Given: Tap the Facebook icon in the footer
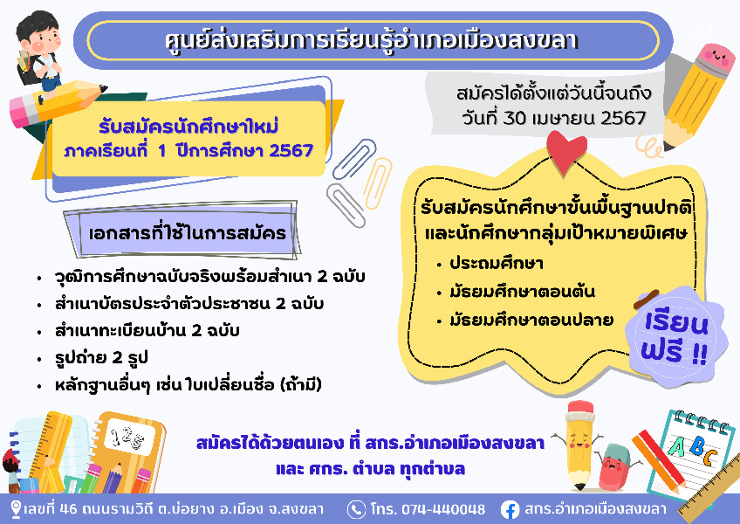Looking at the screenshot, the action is tap(510, 510).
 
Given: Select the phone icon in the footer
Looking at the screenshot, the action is tap(356, 510).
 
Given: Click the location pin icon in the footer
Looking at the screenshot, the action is tap(16, 510).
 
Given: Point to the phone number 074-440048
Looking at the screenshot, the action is tap(442, 509).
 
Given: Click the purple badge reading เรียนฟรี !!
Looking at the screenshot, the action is tap(675, 337).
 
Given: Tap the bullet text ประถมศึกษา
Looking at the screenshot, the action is tap(496, 263).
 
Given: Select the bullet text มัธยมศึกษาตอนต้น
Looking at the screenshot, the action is tap(522, 292).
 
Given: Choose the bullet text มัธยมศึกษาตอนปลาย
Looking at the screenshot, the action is tap(531, 320).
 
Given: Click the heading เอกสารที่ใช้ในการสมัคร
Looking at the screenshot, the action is tap(188, 232).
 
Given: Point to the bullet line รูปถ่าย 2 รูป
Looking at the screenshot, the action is tap(101, 358).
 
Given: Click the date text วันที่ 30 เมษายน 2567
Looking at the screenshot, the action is tap(554, 118).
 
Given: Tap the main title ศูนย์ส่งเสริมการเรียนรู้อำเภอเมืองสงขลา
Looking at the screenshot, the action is tap(372, 41).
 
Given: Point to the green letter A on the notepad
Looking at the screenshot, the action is tap(677, 445).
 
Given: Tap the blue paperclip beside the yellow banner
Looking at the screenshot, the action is tap(353, 159).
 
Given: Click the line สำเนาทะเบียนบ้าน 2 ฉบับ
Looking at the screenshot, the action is tap(147, 330).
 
